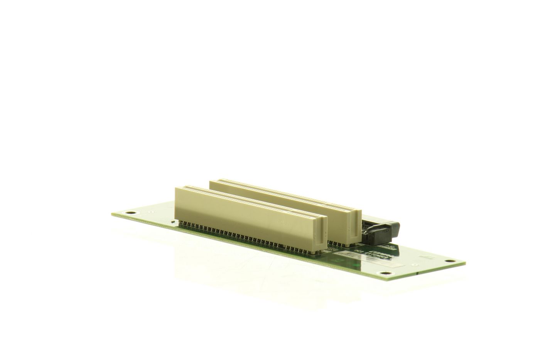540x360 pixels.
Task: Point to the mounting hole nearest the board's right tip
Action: pos(448,261)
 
